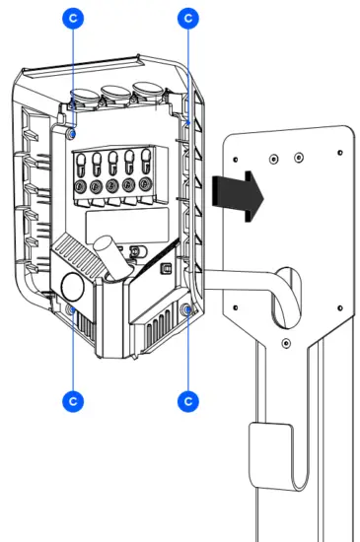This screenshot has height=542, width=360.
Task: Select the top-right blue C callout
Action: tap(187, 17)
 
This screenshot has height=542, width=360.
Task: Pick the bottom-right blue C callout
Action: tap(187, 401)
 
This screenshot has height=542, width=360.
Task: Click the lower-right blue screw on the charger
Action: tap(187, 311)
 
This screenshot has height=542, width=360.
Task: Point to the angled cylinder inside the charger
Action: tap(108, 260)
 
